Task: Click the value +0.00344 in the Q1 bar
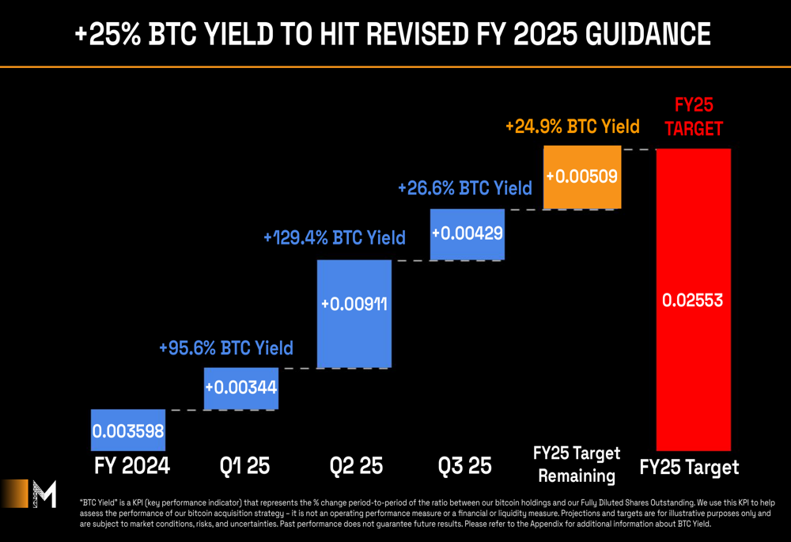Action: [x=241, y=388]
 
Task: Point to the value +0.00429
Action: [x=467, y=234]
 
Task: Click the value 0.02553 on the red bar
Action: [x=693, y=301]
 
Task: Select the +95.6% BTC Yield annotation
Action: [x=226, y=348]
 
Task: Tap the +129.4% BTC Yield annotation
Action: [x=335, y=237]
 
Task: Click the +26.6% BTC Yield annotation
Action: [x=465, y=188]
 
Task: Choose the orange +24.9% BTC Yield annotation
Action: [x=572, y=127]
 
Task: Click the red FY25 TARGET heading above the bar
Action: [x=694, y=117]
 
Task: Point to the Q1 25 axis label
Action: [x=241, y=466]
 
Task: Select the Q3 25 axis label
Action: [x=467, y=466]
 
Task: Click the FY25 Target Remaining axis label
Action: [x=577, y=464]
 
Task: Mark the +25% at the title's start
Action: [x=106, y=35]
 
